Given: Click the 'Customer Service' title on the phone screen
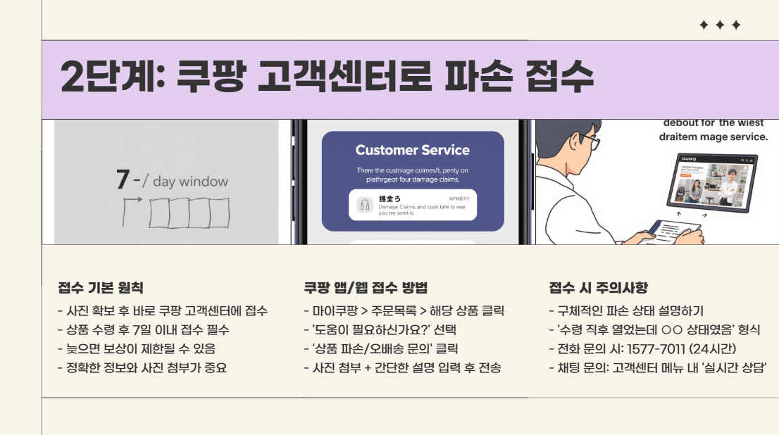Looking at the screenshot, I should tap(412, 150).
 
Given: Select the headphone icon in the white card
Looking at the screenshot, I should tap(365, 205).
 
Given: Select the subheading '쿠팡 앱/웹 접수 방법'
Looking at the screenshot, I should tap(365, 288).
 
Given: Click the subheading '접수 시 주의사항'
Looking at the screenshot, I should tap(598, 288).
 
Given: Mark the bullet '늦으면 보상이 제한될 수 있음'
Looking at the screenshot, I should tap(137, 348).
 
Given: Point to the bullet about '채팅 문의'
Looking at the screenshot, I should tap(658, 367).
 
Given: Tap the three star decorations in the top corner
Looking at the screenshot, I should tap(720, 25).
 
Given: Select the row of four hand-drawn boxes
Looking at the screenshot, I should tap(189, 213).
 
